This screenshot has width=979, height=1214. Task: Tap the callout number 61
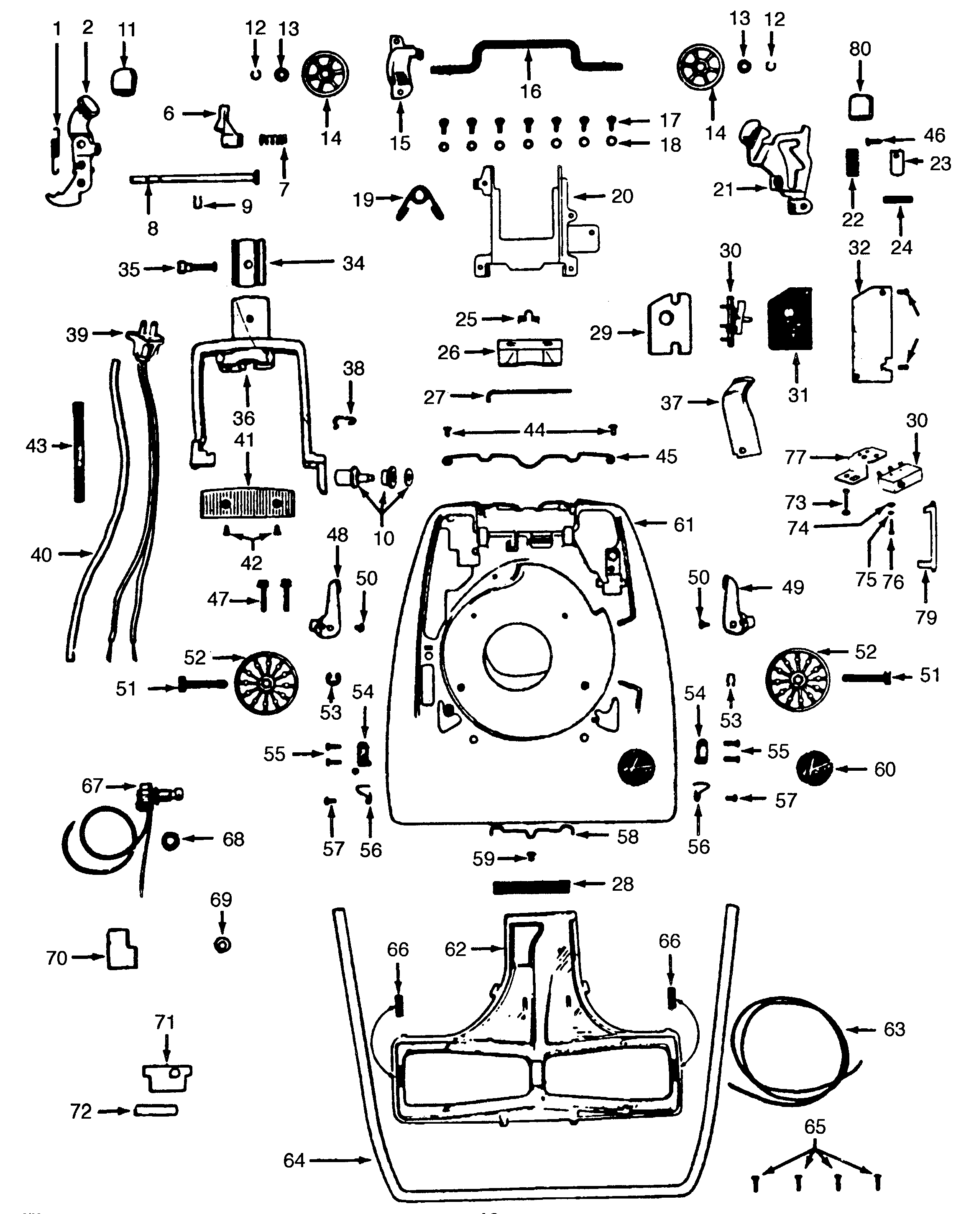[683, 525]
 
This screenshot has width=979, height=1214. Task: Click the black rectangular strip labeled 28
[531, 887]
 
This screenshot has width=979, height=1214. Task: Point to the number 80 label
[860, 49]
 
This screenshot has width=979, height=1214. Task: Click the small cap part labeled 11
[124, 79]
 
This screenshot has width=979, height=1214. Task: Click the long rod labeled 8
[194, 179]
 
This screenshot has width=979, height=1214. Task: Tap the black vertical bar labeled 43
[79, 452]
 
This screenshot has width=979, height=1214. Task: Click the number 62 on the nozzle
[455, 949]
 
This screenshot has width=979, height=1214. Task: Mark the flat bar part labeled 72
[156, 1111]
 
